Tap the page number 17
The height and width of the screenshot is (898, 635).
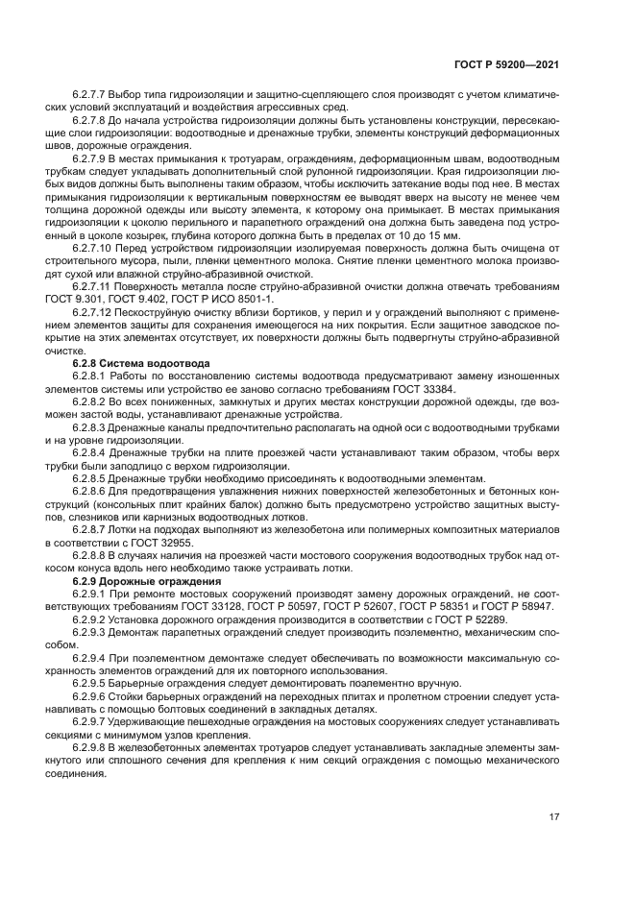554,817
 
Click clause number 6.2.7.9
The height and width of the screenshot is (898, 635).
90,157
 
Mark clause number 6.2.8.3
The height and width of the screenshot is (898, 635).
90,426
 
